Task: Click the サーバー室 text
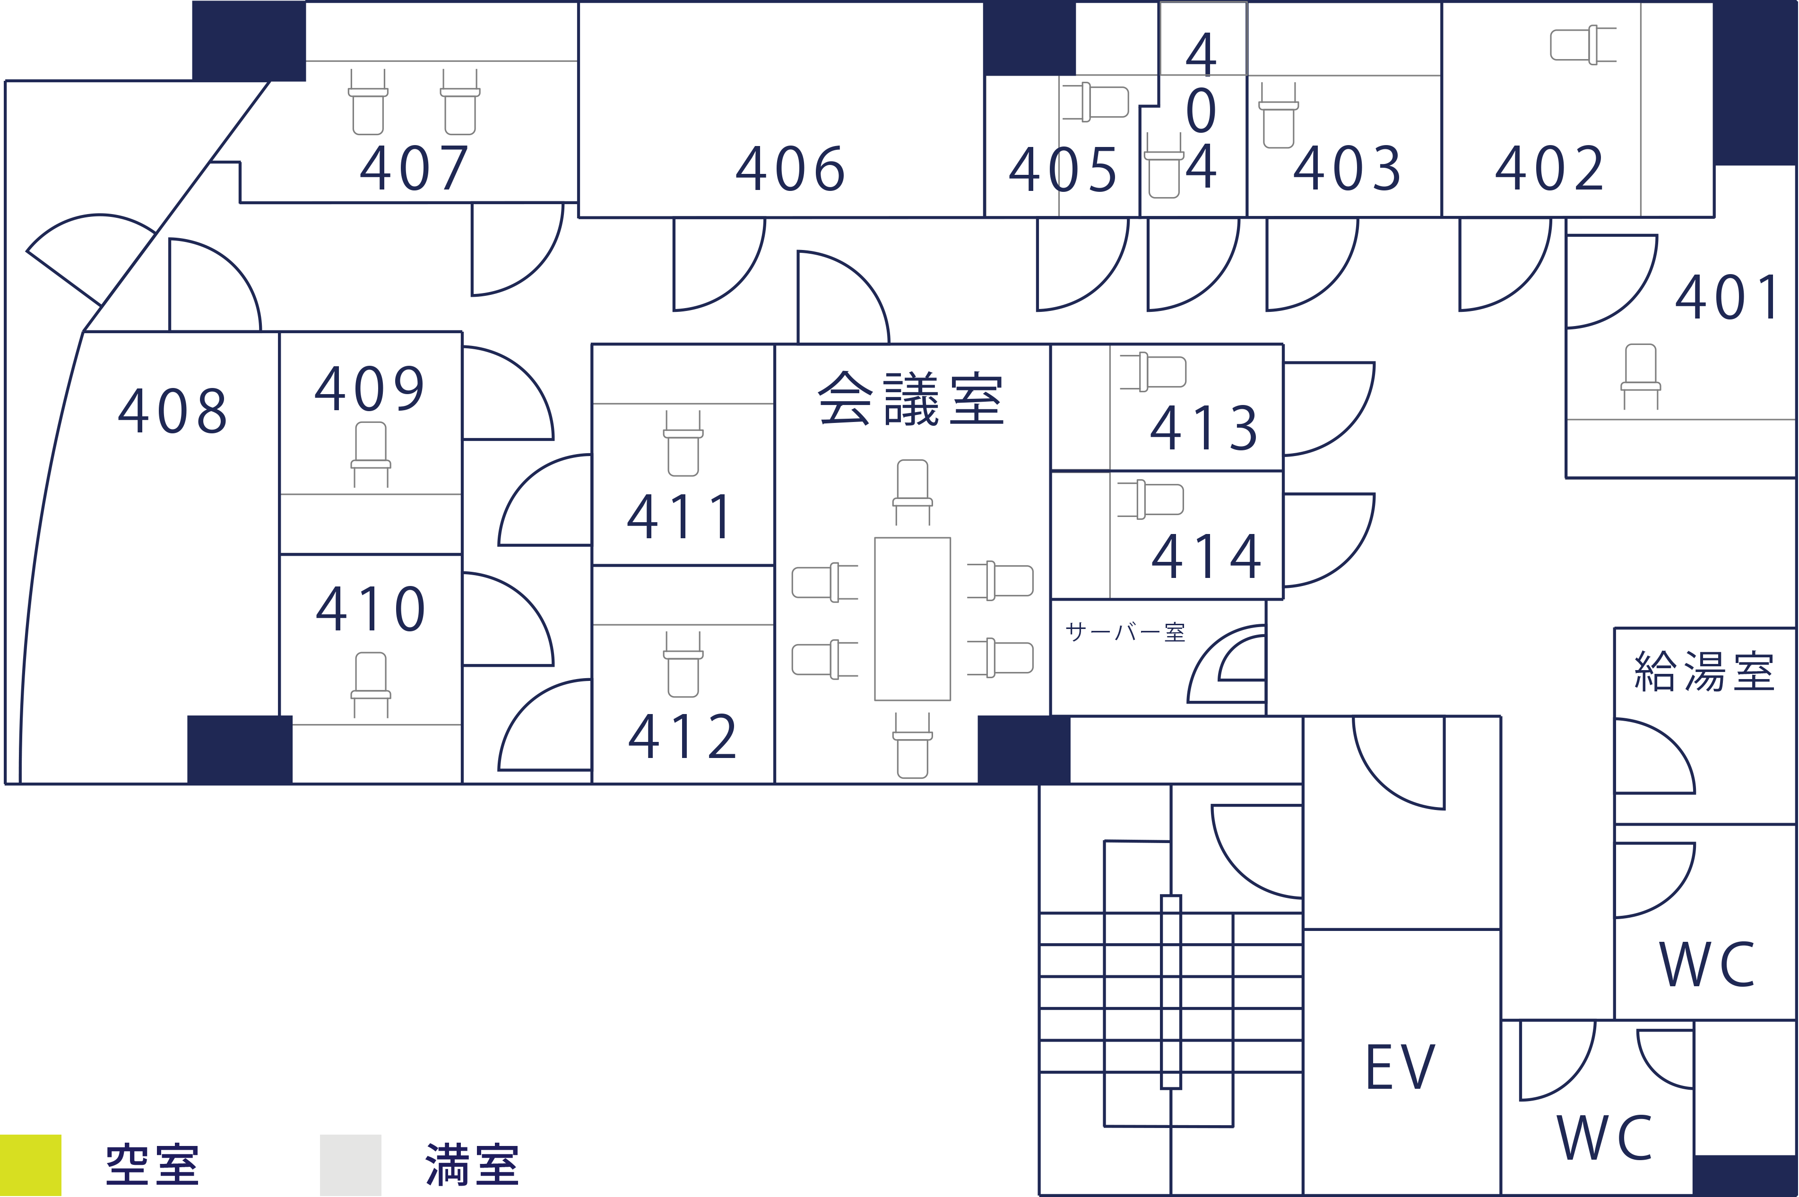[1125, 632]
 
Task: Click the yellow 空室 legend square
[31, 1165]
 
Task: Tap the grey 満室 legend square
[350, 1165]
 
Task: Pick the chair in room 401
[1640, 376]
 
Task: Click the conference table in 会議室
[912, 619]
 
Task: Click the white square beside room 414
[1481, 588]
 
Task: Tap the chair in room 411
[683, 444]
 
